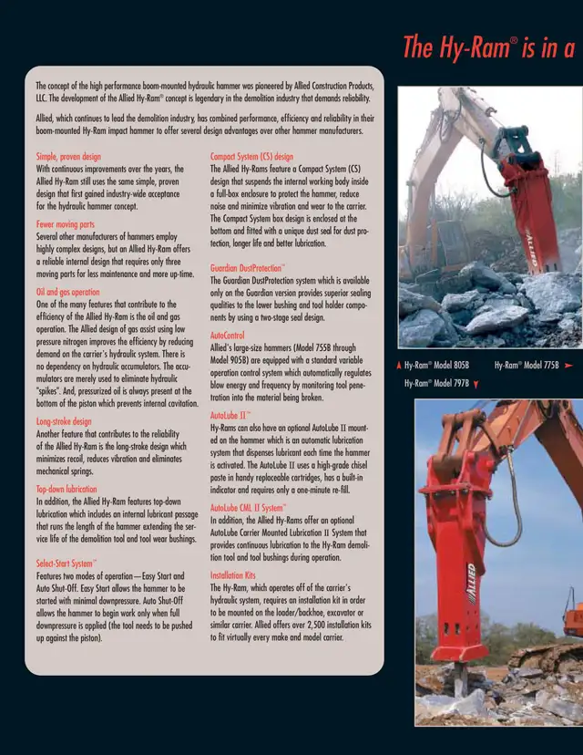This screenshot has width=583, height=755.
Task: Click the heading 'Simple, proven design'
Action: coord(69,157)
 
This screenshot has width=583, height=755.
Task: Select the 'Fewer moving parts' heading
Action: coord(66,223)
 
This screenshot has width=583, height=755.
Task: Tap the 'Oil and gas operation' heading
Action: coord(68,292)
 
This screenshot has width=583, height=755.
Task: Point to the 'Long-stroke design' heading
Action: coord(64,422)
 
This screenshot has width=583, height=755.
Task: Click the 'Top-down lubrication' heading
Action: coord(66,490)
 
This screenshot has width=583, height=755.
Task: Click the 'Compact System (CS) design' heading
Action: coord(252,157)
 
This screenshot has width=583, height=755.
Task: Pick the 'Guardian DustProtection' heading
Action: coord(249,269)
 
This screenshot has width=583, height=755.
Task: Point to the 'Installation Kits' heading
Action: coord(233,575)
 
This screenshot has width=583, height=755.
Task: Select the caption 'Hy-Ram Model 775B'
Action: coord(527,365)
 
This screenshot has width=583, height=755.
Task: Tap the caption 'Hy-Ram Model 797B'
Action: coord(437,384)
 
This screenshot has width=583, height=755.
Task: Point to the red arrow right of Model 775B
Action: coord(568,365)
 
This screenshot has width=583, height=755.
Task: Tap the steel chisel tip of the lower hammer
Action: coord(461,680)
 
